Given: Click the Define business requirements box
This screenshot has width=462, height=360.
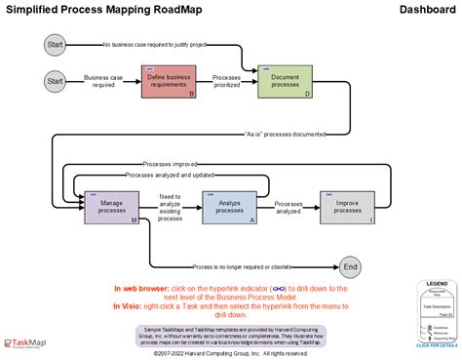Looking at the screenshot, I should [x=169, y=82].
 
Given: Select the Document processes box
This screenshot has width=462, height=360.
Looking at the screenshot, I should [x=286, y=82].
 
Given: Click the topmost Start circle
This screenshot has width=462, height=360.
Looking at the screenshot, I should [x=55, y=44].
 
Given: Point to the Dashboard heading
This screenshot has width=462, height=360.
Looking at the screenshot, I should [x=428, y=10].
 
